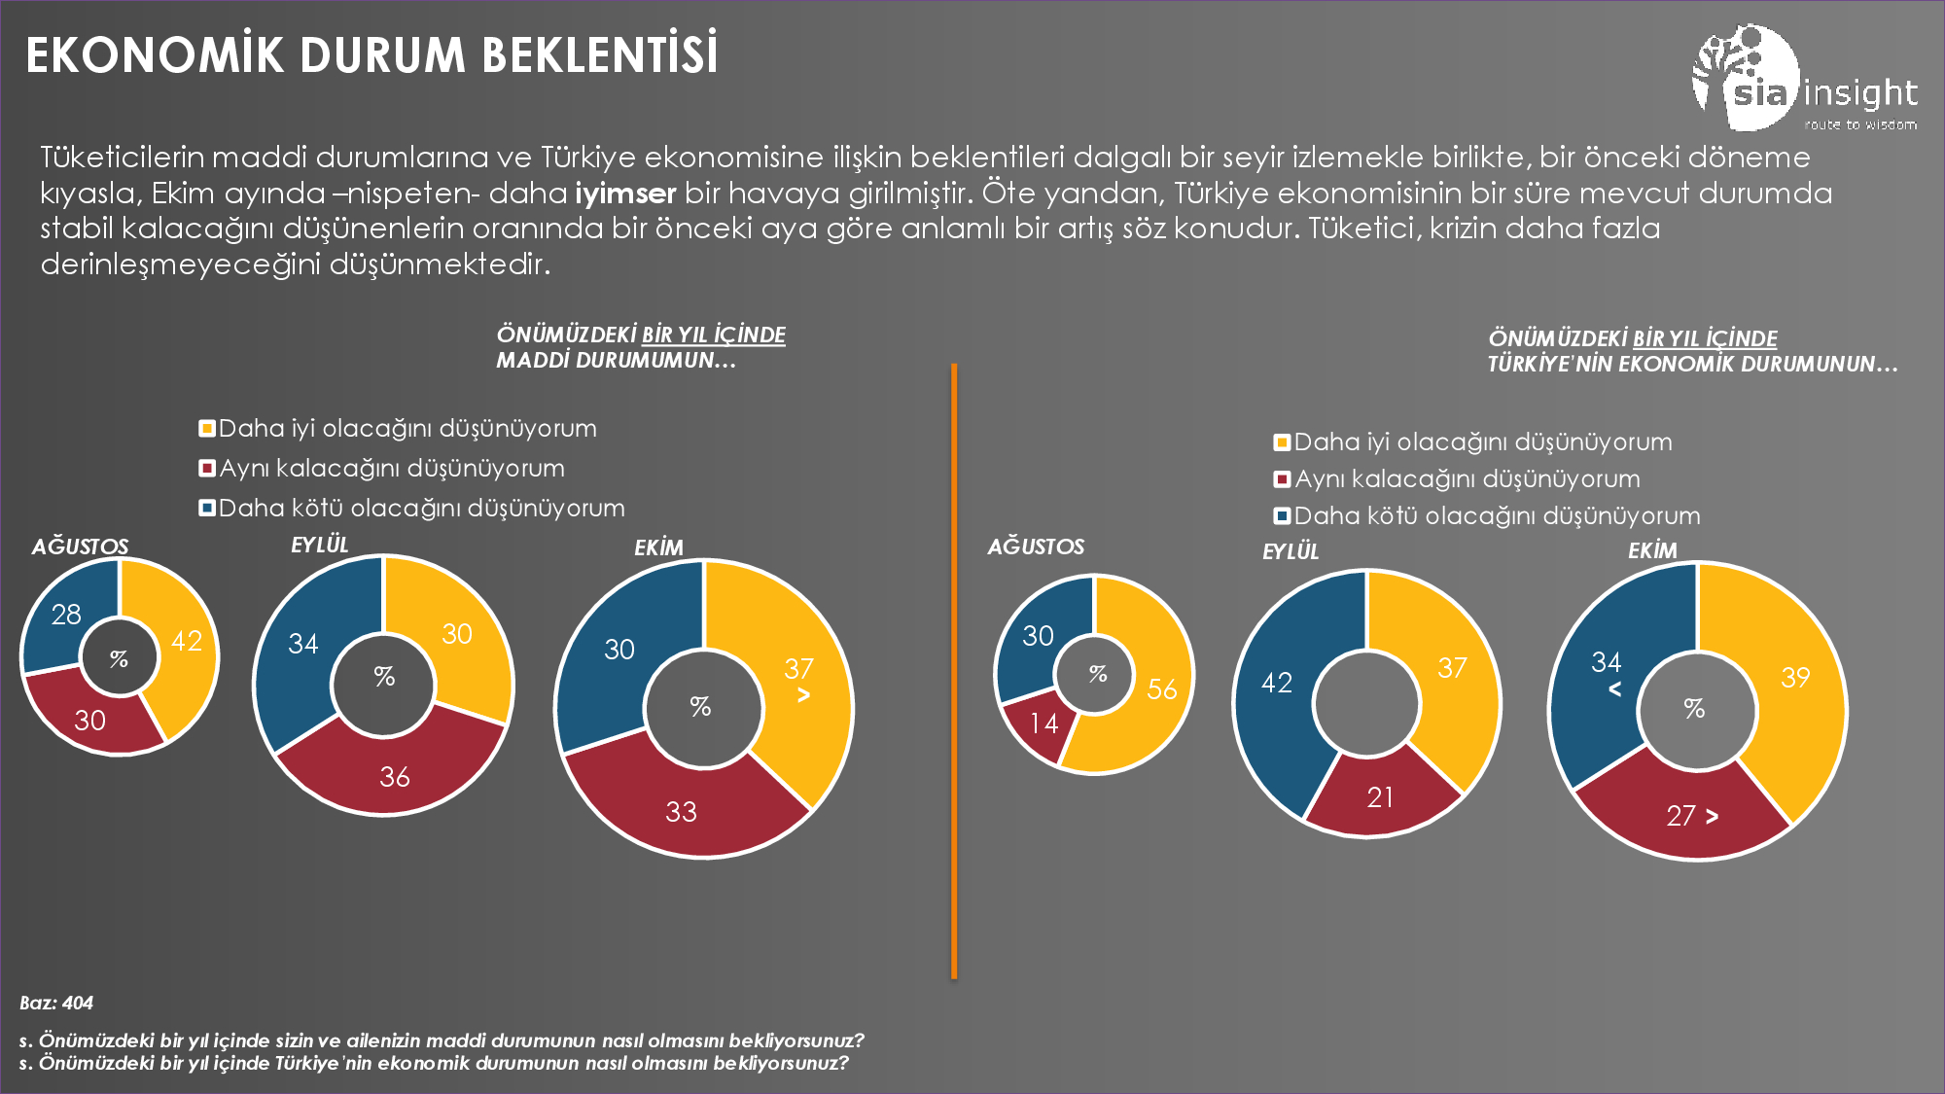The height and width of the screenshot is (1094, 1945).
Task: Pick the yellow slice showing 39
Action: pos(1794,681)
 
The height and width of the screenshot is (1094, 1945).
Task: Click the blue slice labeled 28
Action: pos(66,615)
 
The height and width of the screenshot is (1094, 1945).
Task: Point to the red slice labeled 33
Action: pos(681,809)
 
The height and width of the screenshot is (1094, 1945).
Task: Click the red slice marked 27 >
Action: pos(1682,815)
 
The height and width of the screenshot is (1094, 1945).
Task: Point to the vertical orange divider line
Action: pos(954,671)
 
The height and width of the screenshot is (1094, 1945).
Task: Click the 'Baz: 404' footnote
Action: pos(56,1003)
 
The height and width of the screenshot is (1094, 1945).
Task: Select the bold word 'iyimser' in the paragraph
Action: pos(624,193)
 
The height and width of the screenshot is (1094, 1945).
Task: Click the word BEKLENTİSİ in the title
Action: pos(600,55)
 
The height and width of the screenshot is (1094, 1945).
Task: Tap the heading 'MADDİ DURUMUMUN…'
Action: pos(616,361)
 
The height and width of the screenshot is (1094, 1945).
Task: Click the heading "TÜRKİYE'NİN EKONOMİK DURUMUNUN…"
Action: pos(1692,365)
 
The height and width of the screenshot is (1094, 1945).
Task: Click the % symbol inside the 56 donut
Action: pos(1098,673)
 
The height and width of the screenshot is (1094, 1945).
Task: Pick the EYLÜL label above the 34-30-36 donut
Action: pos(319,545)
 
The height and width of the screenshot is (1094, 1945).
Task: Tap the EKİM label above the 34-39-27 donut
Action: pos(1652,550)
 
